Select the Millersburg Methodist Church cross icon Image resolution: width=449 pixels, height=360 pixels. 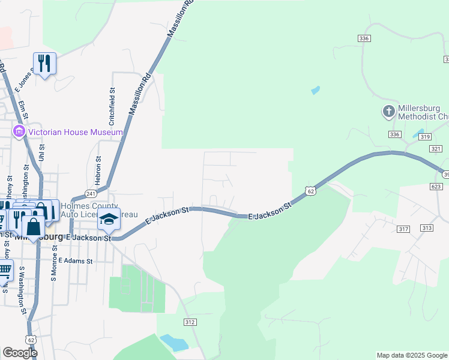(388, 112)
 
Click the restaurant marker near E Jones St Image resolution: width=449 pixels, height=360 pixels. (44, 63)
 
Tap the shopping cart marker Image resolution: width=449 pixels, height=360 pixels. (5, 271)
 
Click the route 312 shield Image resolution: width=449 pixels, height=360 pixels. (190, 322)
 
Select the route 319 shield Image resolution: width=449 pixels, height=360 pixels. (426, 137)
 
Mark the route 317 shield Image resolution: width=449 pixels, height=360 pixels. (403, 229)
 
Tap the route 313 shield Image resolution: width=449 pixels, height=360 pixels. (427, 228)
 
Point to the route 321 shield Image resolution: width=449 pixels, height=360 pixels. (436, 148)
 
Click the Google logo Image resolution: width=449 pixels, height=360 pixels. (20, 353)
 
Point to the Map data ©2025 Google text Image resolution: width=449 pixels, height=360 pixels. (412, 355)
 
